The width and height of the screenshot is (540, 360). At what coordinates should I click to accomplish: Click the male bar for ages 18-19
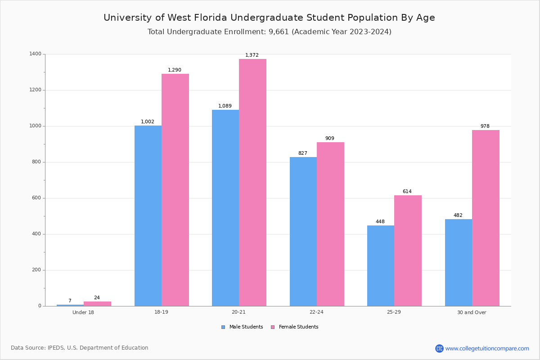pos(148,216)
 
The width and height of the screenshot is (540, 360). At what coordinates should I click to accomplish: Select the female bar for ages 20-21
pos(252,182)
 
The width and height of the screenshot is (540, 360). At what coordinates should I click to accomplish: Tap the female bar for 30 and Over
pos(486,218)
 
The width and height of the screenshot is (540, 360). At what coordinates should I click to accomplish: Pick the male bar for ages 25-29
pos(381,265)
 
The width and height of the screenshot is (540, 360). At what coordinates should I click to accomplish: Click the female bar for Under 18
pos(97,304)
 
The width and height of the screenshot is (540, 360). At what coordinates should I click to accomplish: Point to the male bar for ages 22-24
pos(303,231)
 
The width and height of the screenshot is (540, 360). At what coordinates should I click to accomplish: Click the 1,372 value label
pos(252,55)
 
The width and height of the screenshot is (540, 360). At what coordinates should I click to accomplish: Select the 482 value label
pos(458,216)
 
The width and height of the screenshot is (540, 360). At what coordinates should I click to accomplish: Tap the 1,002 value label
pos(148,122)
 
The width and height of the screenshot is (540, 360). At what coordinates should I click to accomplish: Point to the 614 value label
pos(407,192)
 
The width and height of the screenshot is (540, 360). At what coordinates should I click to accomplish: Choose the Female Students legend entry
pos(294,327)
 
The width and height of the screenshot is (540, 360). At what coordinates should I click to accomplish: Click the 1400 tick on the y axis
pos(35,54)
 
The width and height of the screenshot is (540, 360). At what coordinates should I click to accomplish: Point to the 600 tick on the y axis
pos(36,198)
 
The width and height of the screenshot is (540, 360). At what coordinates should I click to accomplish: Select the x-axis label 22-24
pos(316,312)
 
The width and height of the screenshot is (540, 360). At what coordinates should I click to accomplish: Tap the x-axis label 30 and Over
pos(472,312)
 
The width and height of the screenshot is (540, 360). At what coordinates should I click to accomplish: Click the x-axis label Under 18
pos(83,312)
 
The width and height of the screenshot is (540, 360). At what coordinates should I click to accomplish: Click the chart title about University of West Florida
pos(269,18)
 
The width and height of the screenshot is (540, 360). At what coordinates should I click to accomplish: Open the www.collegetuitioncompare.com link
pos(487,348)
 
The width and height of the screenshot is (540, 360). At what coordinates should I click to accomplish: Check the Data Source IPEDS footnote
pos(80,348)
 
